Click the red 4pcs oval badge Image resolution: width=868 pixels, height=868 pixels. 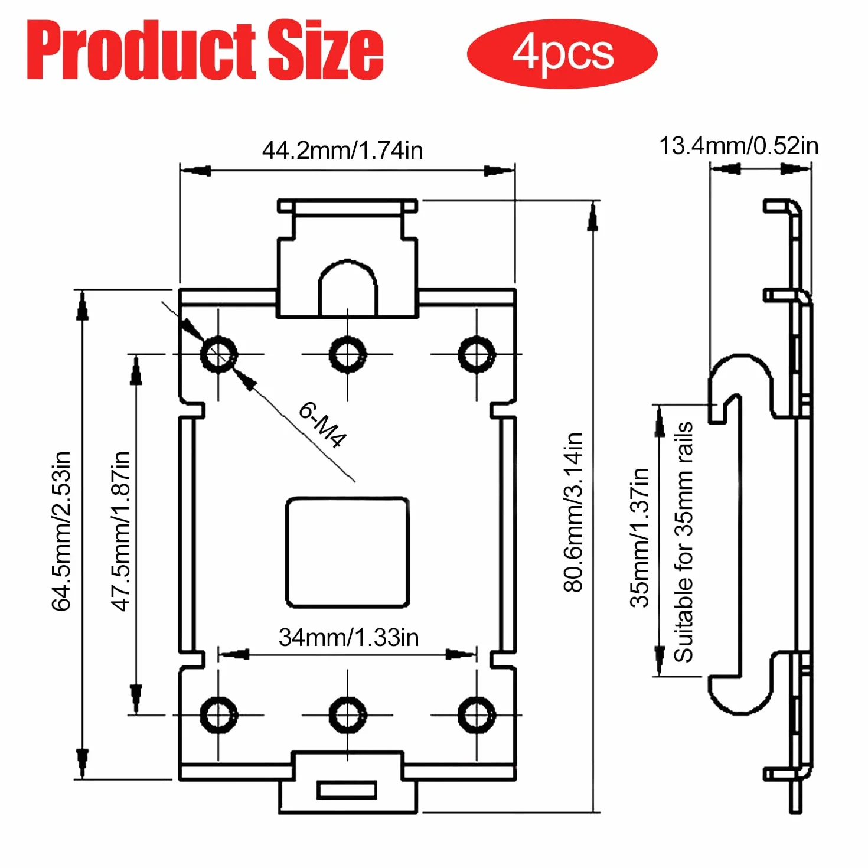pos(562,54)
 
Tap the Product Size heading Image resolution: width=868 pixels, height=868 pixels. pos(205,50)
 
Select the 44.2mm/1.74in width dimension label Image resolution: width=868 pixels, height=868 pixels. pos(342,151)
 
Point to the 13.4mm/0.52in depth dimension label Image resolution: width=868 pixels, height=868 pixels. pos(738,146)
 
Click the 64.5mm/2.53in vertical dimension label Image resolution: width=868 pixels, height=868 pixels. pos(61,531)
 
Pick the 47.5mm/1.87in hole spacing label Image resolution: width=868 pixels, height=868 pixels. pos(120,531)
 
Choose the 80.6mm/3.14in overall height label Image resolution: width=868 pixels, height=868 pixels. pos(573,512)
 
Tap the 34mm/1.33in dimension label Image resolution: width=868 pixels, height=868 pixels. pos(348,637)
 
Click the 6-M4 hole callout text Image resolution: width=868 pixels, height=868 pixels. pos(322,425)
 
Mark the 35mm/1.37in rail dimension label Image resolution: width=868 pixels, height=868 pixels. pos(639,538)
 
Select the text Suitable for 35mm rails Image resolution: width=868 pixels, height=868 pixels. pos(683,542)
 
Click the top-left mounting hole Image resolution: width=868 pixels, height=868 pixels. pos(219,354)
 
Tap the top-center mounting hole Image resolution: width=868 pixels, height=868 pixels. pos(347,354)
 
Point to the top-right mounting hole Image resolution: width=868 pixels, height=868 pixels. pos(477,354)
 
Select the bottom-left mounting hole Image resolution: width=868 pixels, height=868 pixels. pos(219,715)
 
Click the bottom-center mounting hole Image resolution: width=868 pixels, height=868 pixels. pos(347,715)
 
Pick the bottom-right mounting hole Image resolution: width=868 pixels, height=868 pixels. pos(477,715)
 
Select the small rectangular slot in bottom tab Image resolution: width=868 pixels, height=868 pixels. pos(347,791)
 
